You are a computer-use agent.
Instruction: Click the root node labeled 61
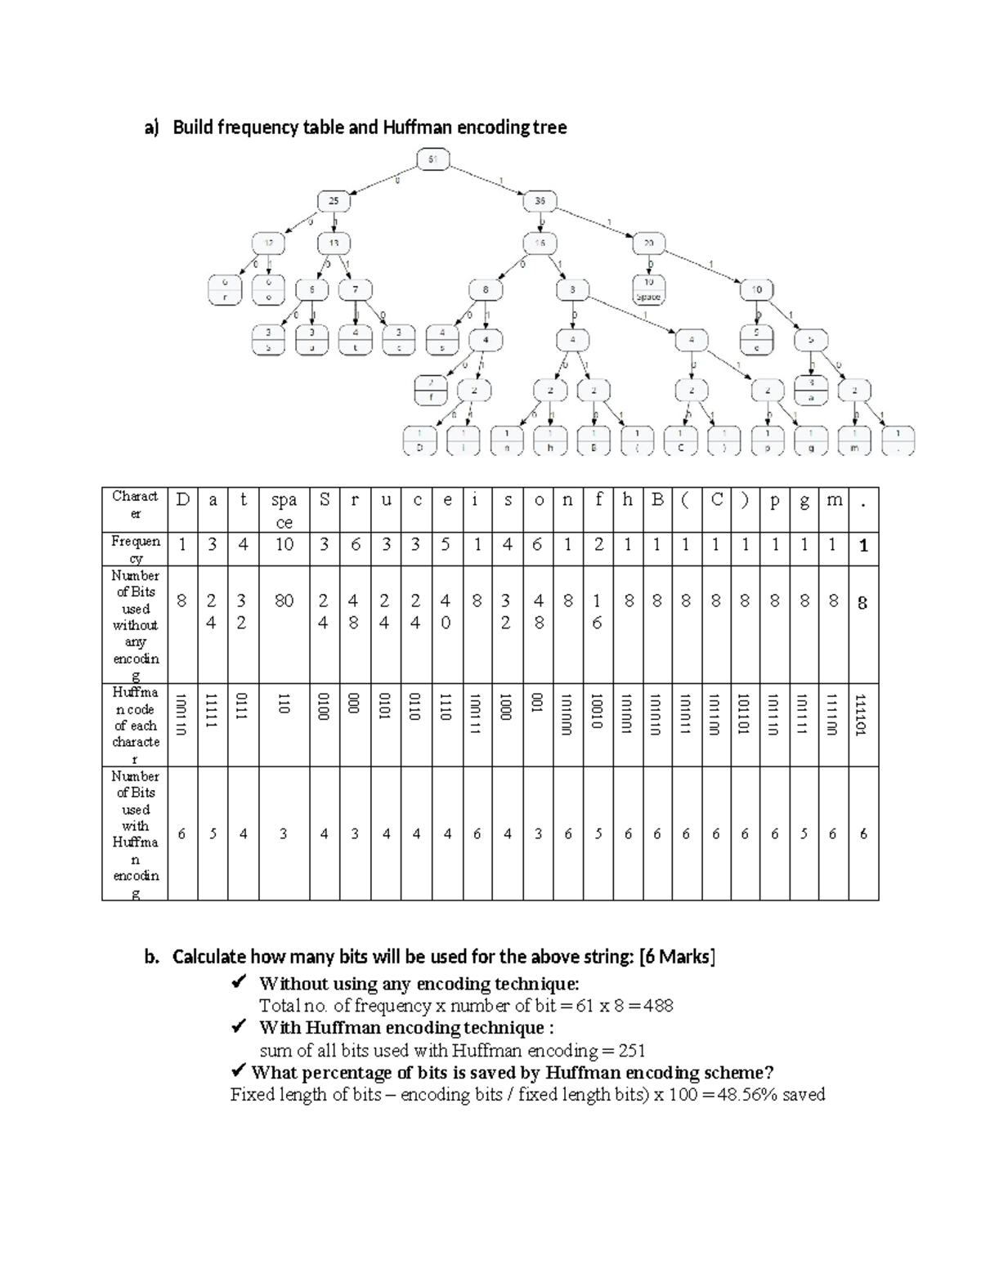[432, 159]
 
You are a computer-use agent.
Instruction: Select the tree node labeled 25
[334, 201]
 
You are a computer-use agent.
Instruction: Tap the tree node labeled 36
[540, 201]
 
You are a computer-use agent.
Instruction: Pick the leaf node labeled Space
[648, 289]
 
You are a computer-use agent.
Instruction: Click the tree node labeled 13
[334, 244]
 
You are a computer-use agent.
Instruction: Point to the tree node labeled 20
[649, 244]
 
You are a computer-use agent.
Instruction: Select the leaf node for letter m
[855, 440]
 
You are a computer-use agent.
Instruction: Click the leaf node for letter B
[594, 440]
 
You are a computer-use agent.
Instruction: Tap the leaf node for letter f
[431, 390]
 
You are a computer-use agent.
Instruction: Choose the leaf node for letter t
[355, 339]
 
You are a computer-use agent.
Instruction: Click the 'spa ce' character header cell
[283, 510]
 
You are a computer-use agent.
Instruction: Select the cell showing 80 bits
[283, 601]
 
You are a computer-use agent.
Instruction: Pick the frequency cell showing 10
[283, 545]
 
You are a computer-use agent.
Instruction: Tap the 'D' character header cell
[181, 501]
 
